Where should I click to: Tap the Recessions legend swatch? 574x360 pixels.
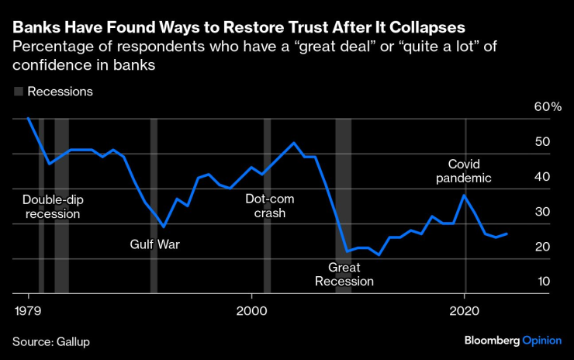pos(18,92)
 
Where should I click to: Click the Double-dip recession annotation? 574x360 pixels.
pos(52,206)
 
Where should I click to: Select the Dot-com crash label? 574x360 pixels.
pos(265,206)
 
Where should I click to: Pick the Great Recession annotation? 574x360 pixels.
pos(344,274)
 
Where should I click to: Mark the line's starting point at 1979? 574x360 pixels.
pos(29,118)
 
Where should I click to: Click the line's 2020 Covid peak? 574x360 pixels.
pos(464,195)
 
